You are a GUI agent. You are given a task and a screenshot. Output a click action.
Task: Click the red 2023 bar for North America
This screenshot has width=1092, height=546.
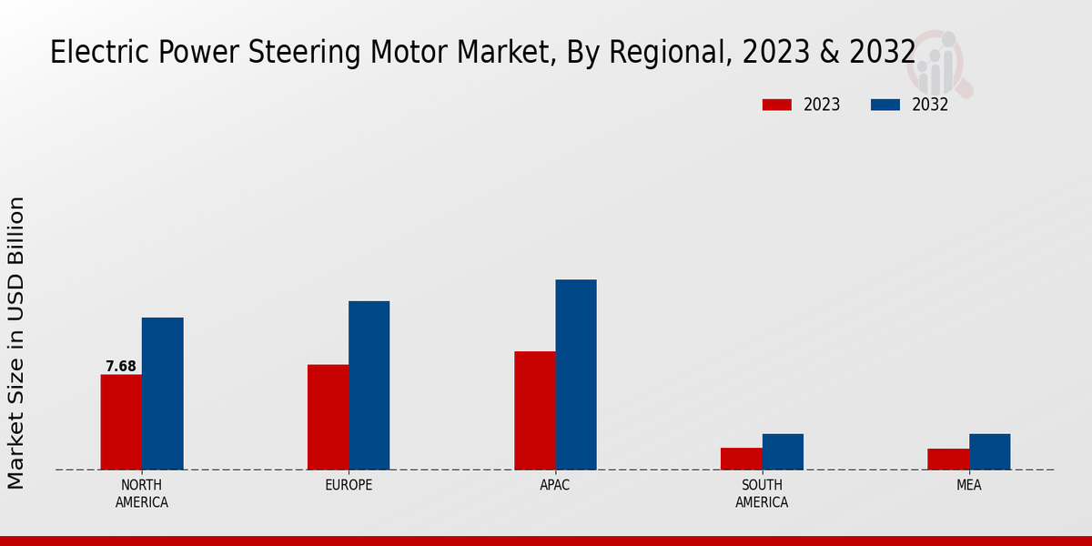click(121, 422)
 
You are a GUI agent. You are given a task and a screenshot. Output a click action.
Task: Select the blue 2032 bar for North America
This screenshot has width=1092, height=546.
click(162, 393)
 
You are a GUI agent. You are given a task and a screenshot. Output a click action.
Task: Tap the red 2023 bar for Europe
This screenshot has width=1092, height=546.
click(328, 417)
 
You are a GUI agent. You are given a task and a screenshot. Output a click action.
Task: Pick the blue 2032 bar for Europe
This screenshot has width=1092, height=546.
click(369, 385)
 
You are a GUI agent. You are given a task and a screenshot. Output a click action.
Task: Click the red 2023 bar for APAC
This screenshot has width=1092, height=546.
click(534, 410)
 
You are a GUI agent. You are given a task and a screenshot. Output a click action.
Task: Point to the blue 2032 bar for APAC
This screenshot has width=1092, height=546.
click(576, 374)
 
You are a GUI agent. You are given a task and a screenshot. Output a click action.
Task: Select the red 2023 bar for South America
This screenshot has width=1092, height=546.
click(741, 459)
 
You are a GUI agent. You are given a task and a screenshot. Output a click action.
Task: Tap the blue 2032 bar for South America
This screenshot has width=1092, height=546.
click(783, 451)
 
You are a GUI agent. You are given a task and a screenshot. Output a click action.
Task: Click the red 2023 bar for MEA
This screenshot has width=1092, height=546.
click(947, 459)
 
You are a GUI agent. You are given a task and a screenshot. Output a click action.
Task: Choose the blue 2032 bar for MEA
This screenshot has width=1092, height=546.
click(989, 451)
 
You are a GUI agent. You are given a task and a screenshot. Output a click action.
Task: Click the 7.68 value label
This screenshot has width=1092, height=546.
click(121, 367)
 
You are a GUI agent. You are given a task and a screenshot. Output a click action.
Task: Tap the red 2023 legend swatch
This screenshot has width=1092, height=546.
click(776, 105)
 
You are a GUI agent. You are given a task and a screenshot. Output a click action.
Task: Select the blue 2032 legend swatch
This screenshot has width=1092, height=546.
click(885, 105)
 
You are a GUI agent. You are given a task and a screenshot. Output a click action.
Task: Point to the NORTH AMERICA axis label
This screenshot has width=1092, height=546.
click(142, 493)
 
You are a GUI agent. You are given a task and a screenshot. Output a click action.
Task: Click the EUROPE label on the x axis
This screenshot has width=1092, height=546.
click(349, 485)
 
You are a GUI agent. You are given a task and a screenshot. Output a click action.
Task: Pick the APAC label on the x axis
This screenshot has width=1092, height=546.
click(555, 485)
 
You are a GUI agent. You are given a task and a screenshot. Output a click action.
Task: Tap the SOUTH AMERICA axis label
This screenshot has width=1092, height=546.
click(762, 493)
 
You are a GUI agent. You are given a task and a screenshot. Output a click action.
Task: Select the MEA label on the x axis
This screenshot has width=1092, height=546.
click(968, 485)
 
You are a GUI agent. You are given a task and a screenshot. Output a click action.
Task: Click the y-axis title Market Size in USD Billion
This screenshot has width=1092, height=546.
click(16, 342)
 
